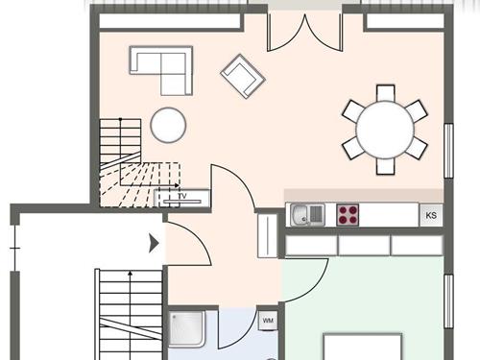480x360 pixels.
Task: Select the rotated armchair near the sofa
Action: click(242, 75)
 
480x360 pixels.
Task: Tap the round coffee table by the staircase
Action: click(168, 125)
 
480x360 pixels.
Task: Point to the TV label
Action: click(181, 197)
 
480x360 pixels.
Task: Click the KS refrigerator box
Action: click(431, 215)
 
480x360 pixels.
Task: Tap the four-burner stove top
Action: click(348, 214)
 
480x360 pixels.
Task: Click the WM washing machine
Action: click(268, 320)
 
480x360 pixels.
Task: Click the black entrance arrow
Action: click(154, 244)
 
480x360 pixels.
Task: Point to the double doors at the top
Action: click(303, 33)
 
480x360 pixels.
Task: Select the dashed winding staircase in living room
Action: click(130, 173)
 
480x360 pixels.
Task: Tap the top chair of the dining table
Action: click(385, 92)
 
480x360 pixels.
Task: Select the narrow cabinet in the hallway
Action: click(268, 233)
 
